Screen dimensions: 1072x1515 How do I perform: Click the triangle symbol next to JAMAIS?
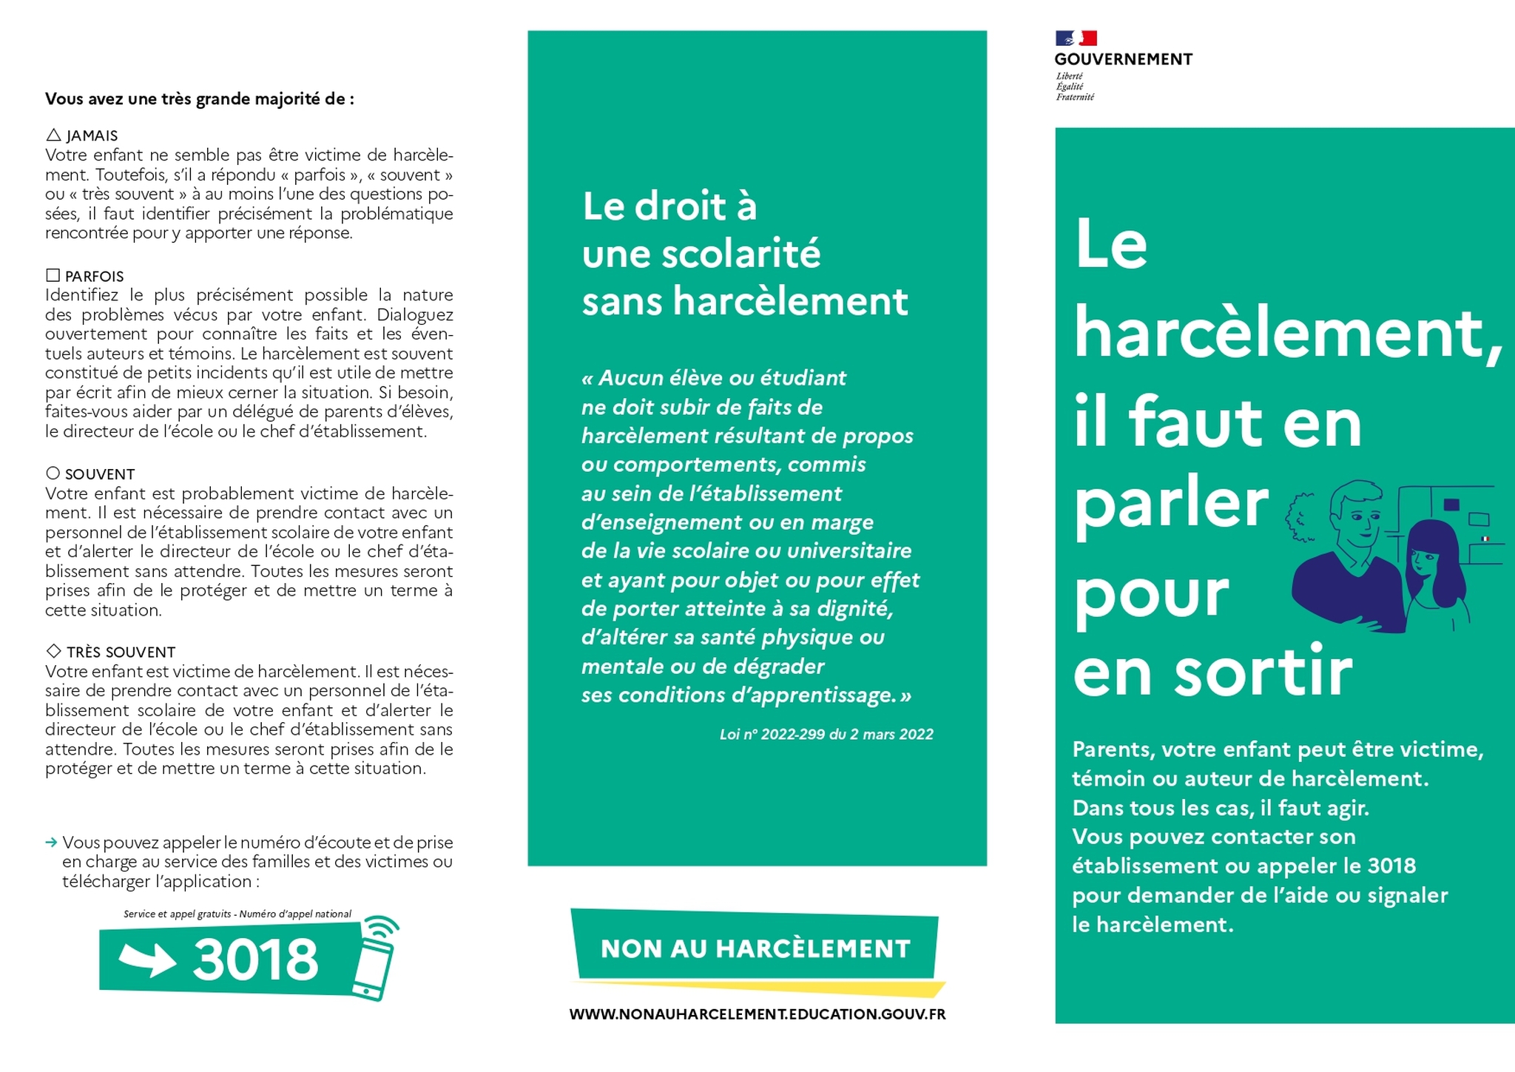click(53, 135)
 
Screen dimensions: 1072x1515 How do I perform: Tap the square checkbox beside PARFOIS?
click(53, 276)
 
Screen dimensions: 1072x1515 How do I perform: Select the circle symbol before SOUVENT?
click(53, 473)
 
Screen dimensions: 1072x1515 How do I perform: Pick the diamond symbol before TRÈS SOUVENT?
click(53, 651)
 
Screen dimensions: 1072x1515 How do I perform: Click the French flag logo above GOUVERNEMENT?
click(1076, 38)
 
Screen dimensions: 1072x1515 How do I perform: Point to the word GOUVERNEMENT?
click(1123, 60)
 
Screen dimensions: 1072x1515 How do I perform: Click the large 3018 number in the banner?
click(255, 960)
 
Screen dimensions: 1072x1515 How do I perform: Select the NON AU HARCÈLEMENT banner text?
click(755, 949)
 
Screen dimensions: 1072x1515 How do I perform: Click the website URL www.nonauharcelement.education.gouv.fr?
click(757, 1014)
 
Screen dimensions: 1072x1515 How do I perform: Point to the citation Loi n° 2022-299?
click(826, 735)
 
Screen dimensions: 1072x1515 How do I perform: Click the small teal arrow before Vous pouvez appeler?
click(51, 843)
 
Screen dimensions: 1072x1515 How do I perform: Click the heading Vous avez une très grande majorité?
click(199, 99)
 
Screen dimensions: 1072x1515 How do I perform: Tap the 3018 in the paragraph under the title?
click(1391, 866)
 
